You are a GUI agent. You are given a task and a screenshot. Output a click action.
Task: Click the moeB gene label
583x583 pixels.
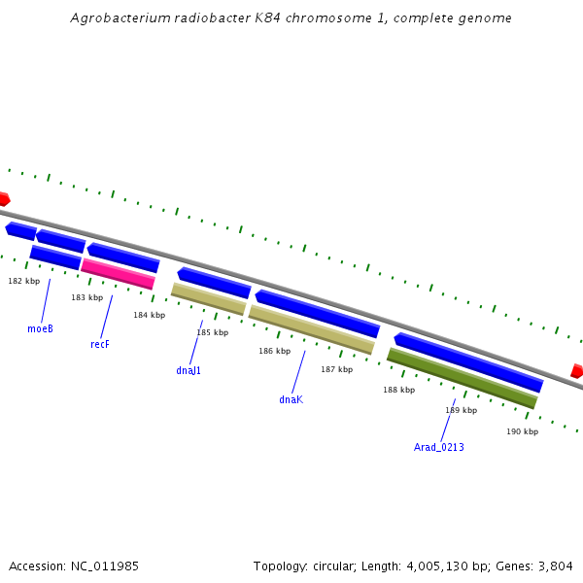(40, 328)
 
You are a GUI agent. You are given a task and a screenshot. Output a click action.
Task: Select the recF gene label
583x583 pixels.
(100, 344)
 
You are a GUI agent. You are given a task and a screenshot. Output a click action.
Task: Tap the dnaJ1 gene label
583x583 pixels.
(189, 370)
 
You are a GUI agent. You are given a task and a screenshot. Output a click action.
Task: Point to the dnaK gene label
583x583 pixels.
(291, 399)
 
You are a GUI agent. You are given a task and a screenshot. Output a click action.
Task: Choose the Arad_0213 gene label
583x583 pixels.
(439, 447)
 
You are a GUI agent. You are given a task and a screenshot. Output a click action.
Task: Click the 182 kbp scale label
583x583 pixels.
(24, 281)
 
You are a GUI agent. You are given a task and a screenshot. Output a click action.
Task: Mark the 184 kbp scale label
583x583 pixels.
(150, 315)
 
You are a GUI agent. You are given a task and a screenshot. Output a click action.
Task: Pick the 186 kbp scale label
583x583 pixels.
(274, 351)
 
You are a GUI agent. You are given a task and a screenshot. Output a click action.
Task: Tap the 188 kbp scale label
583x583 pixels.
(398, 390)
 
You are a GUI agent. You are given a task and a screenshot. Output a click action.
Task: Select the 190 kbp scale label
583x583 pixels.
(522, 431)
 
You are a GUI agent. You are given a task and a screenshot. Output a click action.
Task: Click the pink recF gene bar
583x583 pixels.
(118, 273)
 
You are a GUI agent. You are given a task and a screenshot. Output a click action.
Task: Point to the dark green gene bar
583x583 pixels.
(462, 378)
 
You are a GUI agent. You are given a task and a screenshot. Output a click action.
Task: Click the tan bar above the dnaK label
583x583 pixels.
(311, 329)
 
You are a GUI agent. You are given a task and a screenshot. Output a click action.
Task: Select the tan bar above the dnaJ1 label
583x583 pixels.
(208, 298)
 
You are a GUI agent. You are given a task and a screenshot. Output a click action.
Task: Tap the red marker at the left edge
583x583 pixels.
(4, 198)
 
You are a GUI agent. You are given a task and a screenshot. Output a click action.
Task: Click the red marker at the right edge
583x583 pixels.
(577, 371)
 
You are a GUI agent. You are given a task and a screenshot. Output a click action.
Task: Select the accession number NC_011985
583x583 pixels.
(104, 566)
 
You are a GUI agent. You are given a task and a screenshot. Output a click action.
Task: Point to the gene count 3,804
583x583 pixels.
(554, 566)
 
